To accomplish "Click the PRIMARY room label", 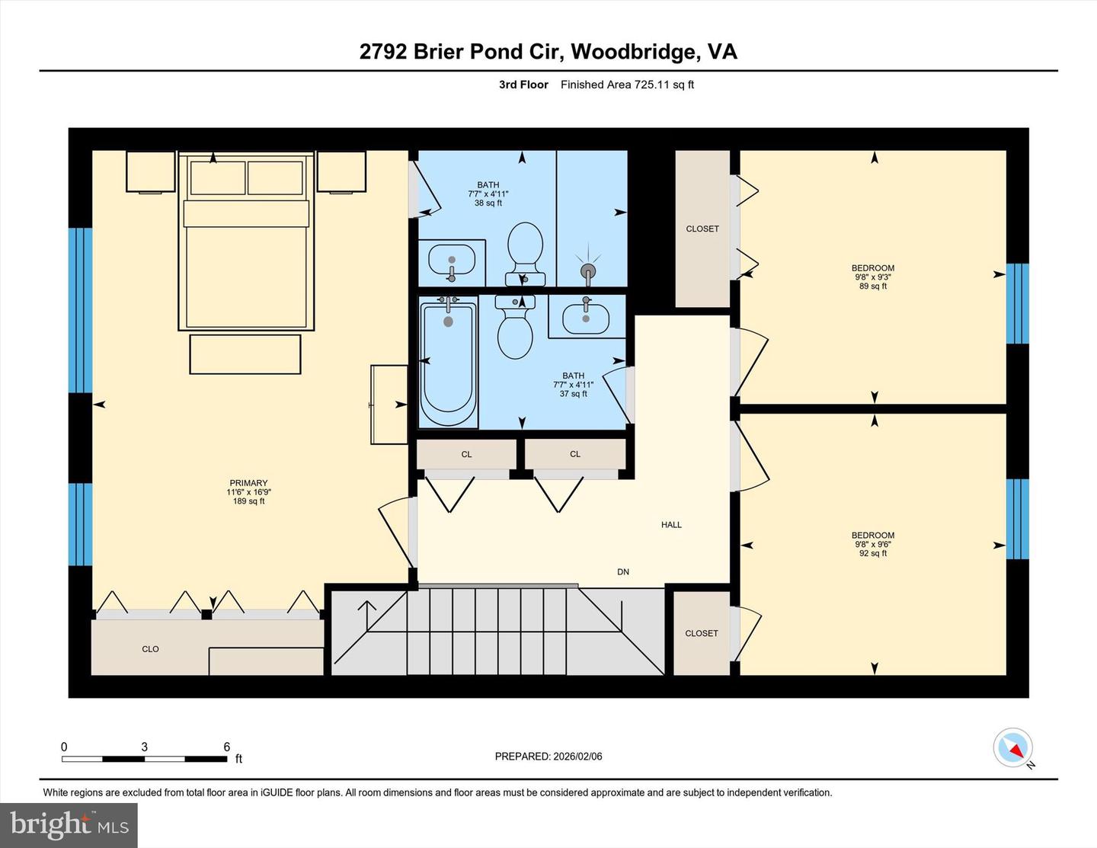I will point(248,483).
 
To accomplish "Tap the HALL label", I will point(671,525).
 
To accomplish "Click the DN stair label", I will point(623,572).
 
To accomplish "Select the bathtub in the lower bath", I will point(448,362).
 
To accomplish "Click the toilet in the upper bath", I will point(525,252).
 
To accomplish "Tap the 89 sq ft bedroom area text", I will point(873,286).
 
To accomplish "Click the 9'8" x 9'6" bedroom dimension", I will point(873,545).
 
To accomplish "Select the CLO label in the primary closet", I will point(150,649).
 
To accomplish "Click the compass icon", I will point(1012,747).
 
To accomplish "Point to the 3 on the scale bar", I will point(144,747).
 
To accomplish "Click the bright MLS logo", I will point(69,825).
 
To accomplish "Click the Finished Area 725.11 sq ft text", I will point(627,85).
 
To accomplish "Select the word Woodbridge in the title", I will point(635,52).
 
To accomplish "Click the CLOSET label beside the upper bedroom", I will point(702,229).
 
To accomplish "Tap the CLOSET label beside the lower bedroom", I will point(702,633).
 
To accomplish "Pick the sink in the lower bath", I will point(586,318).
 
